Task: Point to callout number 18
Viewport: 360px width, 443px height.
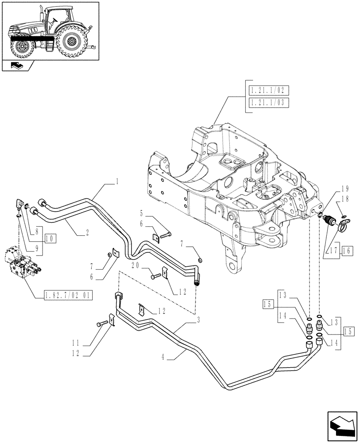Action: coord(346,200)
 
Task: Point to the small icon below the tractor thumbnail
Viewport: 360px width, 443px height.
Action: coord(19,66)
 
